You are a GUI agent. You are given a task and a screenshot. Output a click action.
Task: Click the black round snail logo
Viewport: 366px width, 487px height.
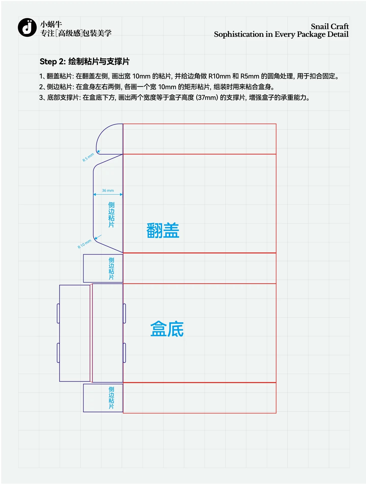(27, 27)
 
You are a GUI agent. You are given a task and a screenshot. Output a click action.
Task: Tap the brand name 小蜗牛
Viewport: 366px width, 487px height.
(51, 24)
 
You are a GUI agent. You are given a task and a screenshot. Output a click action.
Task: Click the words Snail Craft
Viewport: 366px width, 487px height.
(329, 26)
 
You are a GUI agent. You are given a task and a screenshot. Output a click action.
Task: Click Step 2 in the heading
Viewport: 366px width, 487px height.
(53, 61)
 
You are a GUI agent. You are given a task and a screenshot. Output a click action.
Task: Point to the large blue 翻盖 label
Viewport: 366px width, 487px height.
(163, 230)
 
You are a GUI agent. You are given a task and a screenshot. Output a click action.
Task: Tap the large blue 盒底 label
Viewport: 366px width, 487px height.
(167, 329)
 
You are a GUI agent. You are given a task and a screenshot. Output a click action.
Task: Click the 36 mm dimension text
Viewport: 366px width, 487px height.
(108, 191)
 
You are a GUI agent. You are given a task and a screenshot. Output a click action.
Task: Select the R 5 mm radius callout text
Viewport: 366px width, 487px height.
(88, 157)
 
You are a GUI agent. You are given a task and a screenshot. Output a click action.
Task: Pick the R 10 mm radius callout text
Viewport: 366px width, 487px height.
(84, 244)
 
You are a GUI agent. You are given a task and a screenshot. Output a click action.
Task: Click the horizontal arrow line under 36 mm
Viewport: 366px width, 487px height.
(108, 195)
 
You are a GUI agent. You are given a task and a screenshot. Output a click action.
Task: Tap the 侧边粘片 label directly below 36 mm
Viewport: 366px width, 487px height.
(111, 215)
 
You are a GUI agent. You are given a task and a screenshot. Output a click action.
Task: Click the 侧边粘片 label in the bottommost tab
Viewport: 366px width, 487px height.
(111, 398)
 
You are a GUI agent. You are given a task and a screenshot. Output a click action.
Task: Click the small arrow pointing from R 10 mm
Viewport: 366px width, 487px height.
(98, 237)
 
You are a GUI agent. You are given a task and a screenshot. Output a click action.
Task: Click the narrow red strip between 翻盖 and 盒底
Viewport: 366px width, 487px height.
(199, 268)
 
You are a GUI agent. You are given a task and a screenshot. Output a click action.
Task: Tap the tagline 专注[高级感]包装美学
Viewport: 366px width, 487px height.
(76, 33)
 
